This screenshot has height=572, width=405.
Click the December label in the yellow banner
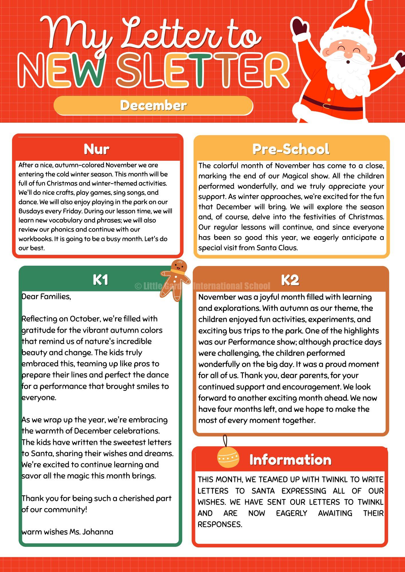point(153,106)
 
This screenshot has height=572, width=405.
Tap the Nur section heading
point(97,149)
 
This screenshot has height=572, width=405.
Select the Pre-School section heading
point(291,149)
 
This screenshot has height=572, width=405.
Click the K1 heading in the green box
point(100,280)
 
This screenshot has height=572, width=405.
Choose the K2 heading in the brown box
point(290,280)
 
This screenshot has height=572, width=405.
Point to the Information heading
point(290,460)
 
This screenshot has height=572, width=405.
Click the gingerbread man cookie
point(176,280)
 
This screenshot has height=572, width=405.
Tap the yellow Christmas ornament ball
point(228,457)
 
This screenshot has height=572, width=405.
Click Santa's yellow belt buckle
point(326,106)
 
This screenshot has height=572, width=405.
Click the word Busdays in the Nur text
point(30,211)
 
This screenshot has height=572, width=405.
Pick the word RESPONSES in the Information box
point(220,524)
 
